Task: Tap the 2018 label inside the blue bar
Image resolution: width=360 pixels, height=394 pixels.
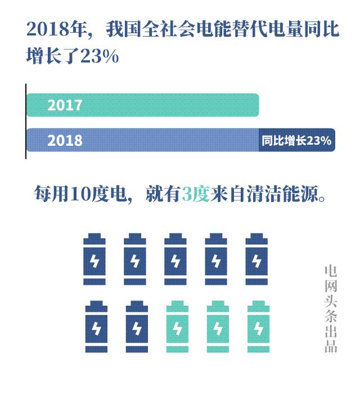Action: [x=65, y=140]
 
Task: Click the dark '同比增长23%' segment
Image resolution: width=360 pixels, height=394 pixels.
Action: [x=296, y=140]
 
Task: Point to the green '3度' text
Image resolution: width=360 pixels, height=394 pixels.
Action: [x=196, y=195]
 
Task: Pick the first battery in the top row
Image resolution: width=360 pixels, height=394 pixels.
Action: [x=94, y=259]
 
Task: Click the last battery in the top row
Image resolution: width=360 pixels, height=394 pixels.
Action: [x=256, y=259]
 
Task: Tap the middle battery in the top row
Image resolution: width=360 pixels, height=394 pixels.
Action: [x=175, y=259]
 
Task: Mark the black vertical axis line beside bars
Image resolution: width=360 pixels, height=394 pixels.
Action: [x=25, y=121]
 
